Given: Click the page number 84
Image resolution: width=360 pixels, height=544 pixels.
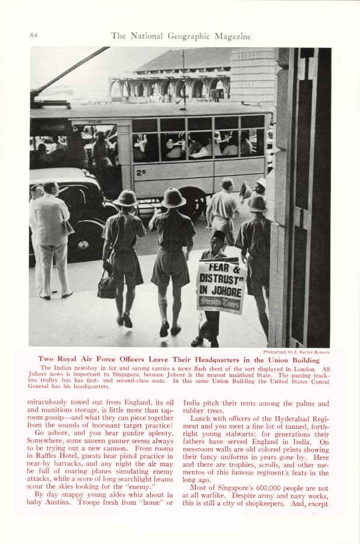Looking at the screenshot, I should (x=34, y=36).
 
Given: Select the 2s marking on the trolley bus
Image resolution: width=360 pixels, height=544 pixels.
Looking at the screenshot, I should (x=141, y=172).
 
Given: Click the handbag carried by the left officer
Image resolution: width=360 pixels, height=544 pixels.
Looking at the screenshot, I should (x=107, y=287).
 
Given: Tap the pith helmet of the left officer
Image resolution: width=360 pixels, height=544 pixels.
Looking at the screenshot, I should (x=125, y=197).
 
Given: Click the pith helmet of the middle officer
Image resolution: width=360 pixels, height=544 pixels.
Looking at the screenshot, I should (x=173, y=197).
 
